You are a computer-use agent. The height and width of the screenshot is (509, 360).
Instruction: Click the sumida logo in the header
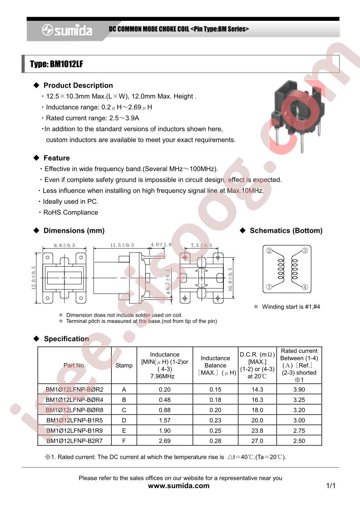coord(67,30)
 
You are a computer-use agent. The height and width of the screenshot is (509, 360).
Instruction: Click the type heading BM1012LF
coord(56,64)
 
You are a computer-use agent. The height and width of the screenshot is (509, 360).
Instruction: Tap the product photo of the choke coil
coord(295,111)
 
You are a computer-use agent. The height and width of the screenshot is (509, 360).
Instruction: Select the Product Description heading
coord(78,85)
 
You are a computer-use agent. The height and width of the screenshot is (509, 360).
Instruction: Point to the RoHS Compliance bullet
coord(70,212)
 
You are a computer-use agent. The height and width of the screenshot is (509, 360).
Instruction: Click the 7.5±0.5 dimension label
coord(201,245)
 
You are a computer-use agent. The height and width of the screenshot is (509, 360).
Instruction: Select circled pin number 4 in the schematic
coord(305,287)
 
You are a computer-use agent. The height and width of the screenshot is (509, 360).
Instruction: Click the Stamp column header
coord(124,365)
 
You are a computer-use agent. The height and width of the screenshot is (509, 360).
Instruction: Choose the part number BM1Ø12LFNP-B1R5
coord(75,420)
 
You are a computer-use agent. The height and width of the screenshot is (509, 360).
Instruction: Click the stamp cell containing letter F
coord(124,440)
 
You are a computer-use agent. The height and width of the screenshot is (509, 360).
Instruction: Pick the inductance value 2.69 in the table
coord(165,440)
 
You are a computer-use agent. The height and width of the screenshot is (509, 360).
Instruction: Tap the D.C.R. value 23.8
coord(257,431)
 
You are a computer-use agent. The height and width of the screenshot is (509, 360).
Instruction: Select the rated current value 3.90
coord(299,389)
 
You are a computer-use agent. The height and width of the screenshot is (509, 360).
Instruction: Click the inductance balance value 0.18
coord(215,400)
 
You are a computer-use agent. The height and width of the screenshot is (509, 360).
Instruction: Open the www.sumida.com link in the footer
coord(179,486)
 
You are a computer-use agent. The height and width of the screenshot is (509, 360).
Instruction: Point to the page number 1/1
coord(330,486)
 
